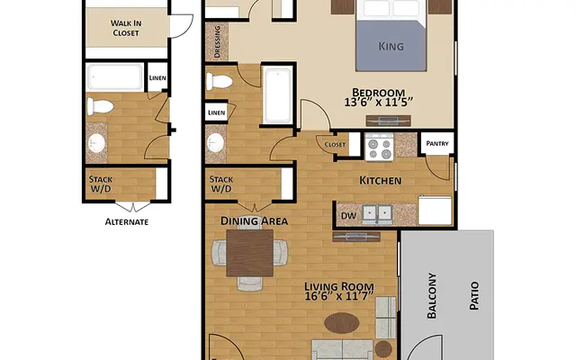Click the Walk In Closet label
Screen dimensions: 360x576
point(126,27)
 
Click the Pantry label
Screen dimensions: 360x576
point(436,143)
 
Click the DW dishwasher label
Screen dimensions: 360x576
point(348,215)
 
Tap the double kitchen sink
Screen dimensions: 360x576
point(376,214)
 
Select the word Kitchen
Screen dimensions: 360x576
point(380,181)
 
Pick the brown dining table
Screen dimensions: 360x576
point(249,252)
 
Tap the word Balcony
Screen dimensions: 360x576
point(431,296)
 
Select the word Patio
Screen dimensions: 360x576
point(473,296)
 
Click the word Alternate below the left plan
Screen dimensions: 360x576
point(126,221)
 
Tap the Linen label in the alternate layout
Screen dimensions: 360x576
point(157,78)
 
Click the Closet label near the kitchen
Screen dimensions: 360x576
point(335,144)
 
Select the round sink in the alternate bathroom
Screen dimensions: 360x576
point(96,144)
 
